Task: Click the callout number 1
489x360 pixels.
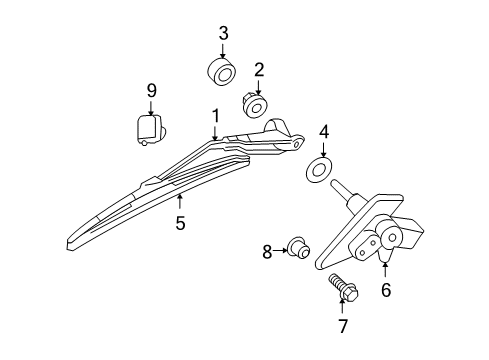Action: point(215,117)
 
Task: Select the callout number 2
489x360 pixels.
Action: point(258,70)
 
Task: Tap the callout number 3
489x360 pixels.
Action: point(223,32)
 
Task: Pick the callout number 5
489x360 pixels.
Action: point(180,223)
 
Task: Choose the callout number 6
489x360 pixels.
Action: point(385,291)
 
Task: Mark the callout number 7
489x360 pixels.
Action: point(343,327)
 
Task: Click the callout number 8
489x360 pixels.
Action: point(267,252)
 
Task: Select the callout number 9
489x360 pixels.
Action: point(152,91)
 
